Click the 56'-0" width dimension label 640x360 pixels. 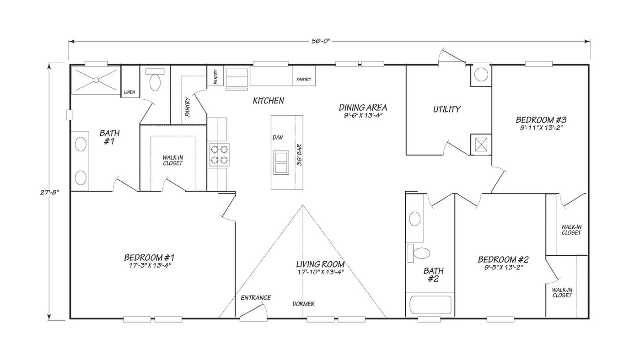pyautogui.click(x=321, y=41)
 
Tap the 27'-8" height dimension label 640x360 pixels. pyautogui.click(x=49, y=192)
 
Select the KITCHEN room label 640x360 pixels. pyautogui.click(x=268, y=101)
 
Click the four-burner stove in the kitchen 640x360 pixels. pyautogui.click(x=219, y=155)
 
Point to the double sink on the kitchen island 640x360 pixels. pyautogui.click(x=281, y=162)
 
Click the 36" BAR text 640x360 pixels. pyautogui.click(x=299, y=155)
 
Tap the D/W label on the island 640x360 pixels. pyautogui.click(x=277, y=137)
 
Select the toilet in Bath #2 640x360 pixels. pyautogui.click(x=419, y=253)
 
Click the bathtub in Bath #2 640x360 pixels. pyautogui.click(x=430, y=305)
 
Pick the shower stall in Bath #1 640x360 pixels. pyautogui.click(x=96, y=80)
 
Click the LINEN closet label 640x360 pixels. pyautogui.click(x=129, y=92)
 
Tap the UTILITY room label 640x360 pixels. pyautogui.click(x=447, y=109)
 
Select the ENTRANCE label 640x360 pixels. pyautogui.click(x=256, y=298)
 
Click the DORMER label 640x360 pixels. pyautogui.click(x=303, y=304)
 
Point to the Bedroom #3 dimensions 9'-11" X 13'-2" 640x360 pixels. pyautogui.click(x=541, y=128)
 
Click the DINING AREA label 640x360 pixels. pyautogui.click(x=363, y=107)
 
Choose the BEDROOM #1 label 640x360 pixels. pyautogui.click(x=149, y=258)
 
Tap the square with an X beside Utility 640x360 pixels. pyautogui.click(x=481, y=144)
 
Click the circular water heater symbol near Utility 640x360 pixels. pyautogui.click(x=481, y=75)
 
